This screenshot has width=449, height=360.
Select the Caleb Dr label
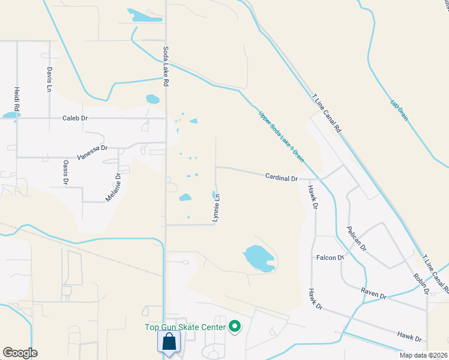[75, 118]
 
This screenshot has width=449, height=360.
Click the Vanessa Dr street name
[92, 148]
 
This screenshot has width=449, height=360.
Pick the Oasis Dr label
[65, 172]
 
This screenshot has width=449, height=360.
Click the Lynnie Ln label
[218, 207]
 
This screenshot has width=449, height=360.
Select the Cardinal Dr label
[282, 178]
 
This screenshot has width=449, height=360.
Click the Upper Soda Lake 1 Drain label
[281, 137]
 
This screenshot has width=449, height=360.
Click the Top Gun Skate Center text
[185, 327]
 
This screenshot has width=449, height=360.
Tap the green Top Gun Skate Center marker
[235, 327]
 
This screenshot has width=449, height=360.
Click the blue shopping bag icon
[170, 343]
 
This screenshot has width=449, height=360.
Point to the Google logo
[20, 353]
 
